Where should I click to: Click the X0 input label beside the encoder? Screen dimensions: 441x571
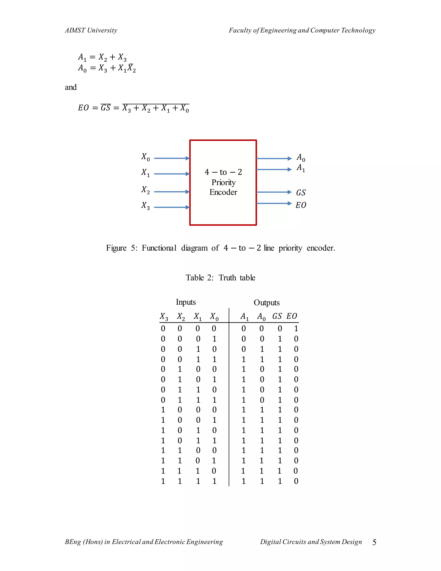pos(146,157)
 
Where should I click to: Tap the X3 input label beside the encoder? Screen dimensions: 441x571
pos(146,206)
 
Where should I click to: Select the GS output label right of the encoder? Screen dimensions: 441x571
pos(301,193)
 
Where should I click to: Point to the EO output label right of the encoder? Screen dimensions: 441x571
pos(301,205)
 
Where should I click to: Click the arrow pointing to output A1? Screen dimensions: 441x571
pos(274,169)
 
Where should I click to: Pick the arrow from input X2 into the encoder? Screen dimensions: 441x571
pos(172,192)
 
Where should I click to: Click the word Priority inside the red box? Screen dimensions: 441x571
pos(223,182)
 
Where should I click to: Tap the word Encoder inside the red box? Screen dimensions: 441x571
pos(223,192)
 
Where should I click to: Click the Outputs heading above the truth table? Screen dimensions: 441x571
pos(267,303)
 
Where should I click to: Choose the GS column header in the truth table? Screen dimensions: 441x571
pos(277,316)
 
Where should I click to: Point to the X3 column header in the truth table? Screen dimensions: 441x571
pos(164,317)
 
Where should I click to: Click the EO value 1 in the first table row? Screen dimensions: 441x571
pos(296,328)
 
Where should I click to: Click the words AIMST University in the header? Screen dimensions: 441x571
pos(91,30)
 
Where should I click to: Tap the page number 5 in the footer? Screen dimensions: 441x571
pos(374,543)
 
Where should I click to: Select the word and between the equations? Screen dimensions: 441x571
pos(71,87)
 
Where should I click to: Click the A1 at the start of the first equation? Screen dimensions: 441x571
pos(82,57)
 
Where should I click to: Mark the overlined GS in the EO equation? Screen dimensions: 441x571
pos(106,108)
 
